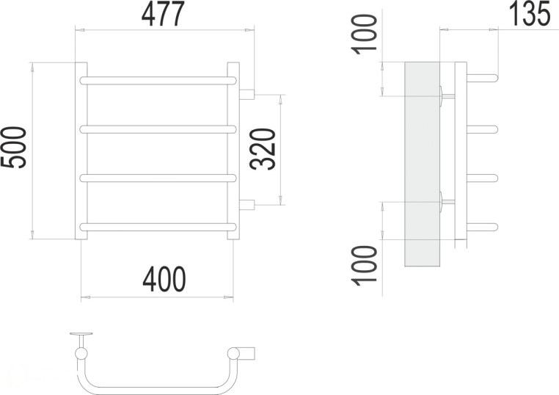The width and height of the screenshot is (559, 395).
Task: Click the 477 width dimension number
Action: [164, 14]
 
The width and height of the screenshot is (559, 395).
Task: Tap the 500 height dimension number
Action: [13, 147]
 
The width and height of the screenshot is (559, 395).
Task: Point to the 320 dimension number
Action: [263, 149]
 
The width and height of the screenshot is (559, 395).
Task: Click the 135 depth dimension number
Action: [529, 13]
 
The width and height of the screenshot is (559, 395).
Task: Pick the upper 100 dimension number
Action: [364, 35]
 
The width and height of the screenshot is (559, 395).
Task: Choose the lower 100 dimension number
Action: [364, 266]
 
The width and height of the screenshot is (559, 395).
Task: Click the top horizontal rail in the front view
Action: [158, 80]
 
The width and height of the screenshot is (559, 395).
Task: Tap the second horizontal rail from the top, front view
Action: [158, 128]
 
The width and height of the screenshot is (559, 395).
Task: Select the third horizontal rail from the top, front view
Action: [158, 178]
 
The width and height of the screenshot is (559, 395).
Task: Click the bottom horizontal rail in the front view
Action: [158, 227]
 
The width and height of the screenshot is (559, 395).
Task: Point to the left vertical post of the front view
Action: [81, 151]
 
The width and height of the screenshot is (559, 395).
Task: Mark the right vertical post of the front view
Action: [233, 151]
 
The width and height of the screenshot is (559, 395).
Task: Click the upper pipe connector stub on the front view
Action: [246, 94]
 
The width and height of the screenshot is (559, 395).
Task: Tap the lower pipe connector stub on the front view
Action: [246, 205]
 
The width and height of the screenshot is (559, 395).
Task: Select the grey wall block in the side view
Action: [422, 164]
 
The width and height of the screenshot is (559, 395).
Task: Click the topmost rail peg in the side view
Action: [483, 78]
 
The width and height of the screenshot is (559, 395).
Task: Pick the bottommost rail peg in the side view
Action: [483, 227]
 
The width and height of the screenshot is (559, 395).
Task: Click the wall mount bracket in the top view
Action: [81, 340]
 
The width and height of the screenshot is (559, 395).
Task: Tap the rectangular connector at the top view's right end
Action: [247, 352]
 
